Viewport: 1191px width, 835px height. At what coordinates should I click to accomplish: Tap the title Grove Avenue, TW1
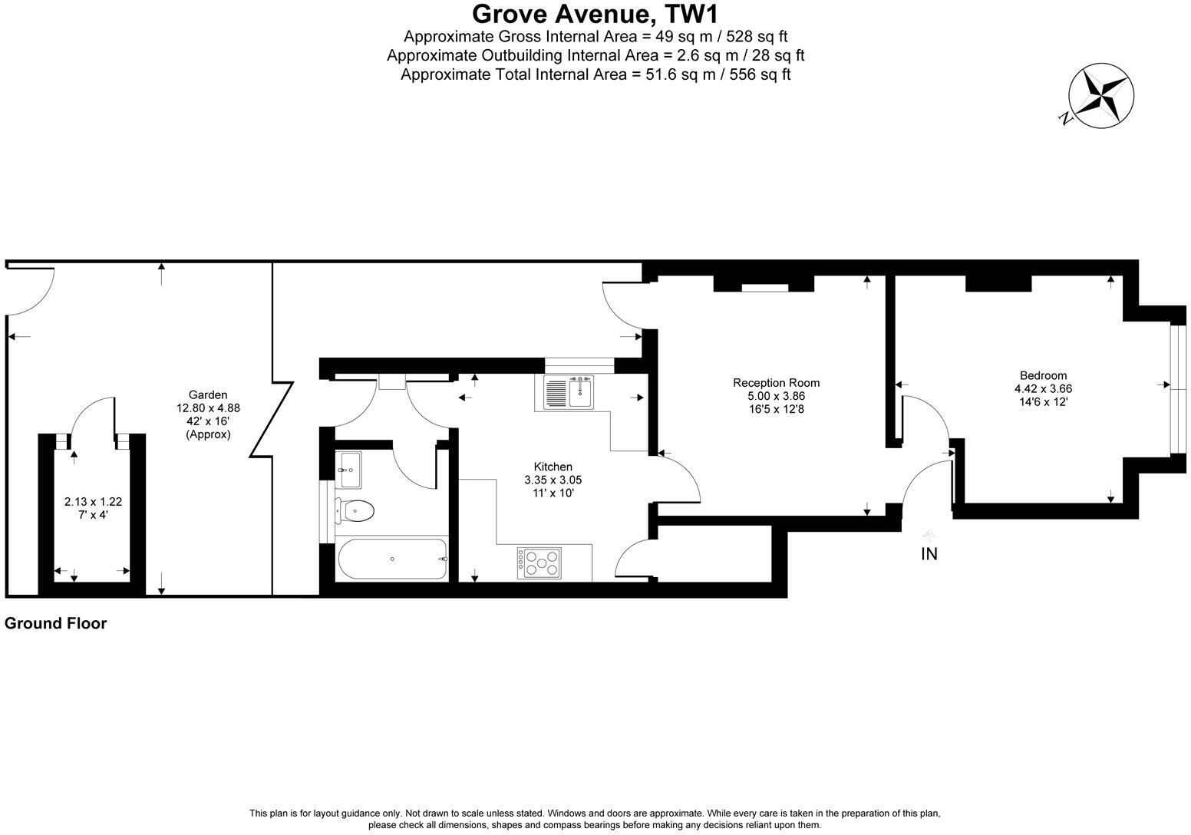click(595, 14)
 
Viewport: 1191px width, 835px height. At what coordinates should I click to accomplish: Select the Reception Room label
click(776, 383)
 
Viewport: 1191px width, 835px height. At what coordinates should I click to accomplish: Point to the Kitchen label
click(553, 467)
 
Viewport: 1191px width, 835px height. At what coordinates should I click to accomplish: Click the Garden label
click(208, 395)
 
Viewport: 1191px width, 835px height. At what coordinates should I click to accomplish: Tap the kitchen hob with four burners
click(539, 563)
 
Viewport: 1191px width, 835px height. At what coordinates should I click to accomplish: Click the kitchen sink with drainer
click(568, 393)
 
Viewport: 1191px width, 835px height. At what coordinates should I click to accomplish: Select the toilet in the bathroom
click(354, 510)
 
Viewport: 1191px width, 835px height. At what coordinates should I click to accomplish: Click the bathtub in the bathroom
click(393, 559)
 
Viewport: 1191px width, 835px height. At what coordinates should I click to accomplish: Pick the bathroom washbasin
click(349, 469)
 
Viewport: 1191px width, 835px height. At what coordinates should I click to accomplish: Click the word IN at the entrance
click(929, 553)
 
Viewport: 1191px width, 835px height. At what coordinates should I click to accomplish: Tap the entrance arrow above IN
click(929, 534)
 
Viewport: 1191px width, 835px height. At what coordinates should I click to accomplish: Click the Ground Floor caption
click(55, 624)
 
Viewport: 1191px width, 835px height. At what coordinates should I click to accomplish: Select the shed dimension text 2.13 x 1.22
click(93, 502)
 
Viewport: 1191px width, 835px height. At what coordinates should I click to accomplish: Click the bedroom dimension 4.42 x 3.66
click(1043, 388)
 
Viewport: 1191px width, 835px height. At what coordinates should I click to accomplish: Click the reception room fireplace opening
click(764, 288)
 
